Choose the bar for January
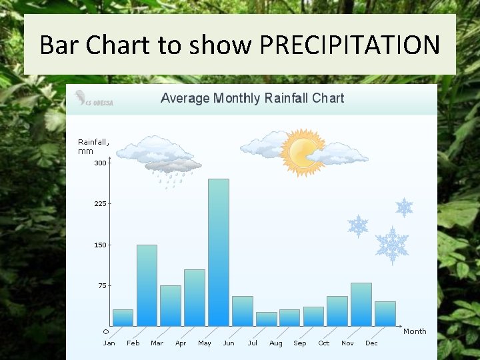pyautogui.click(x=123, y=317)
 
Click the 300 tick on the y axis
pyautogui.click(x=100, y=163)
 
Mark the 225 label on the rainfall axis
pyautogui.click(x=100, y=204)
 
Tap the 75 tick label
pyautogui.click(x=101, y=286)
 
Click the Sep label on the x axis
pyautogui.click(x=300, y=343)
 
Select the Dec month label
pyautogui.click(x=371, y=343)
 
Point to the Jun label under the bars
pyautogui.click(x=229, y=343)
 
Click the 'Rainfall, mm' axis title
pyautogui.click(x=93, y=147)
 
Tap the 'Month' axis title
pyautogui.click(x=415, y=331)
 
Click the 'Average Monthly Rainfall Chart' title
pyautogui.click(x=252, y=99)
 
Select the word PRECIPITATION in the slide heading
pyautogui.click(x=349, y=45)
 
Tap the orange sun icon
pyautogui.click(x=303, y=153)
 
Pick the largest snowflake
pyautogui.click(x=392, y=245)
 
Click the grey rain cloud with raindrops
pyautogui.click(x=173, y=167)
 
